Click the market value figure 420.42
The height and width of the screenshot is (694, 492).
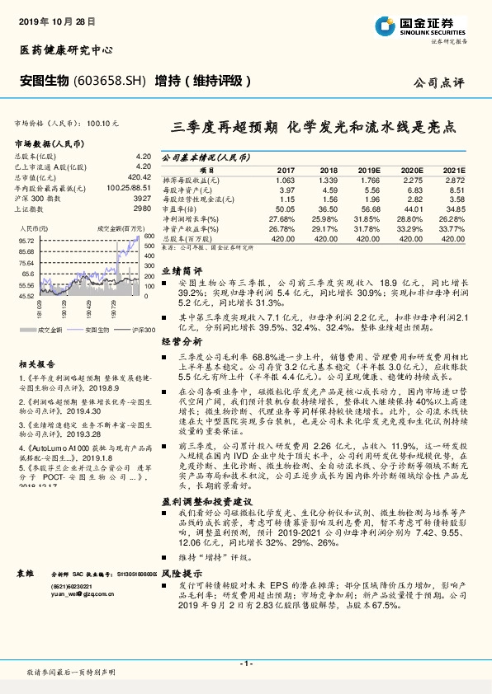coord(138,176)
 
